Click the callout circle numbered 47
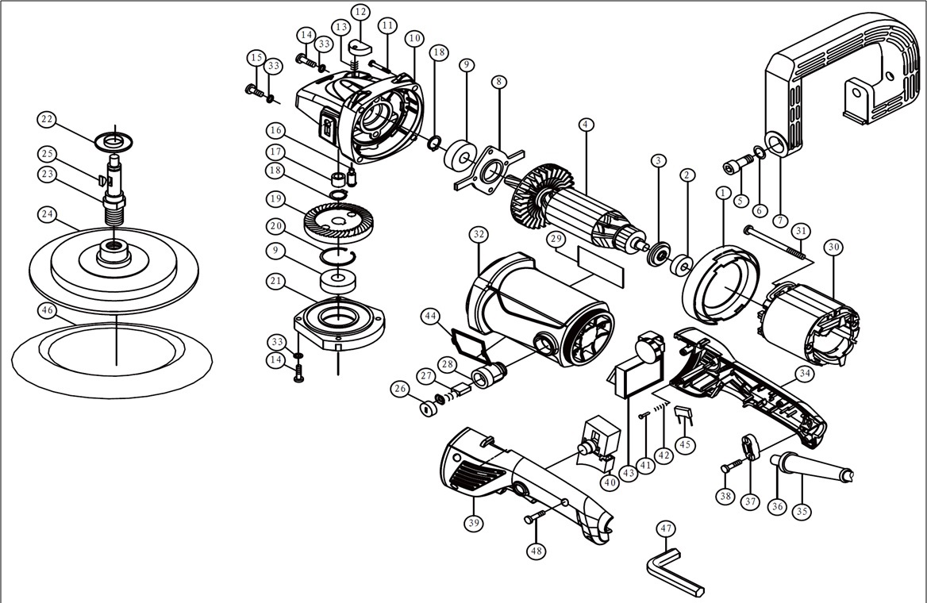(665, 529)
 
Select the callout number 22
(48, 120)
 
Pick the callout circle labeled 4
(586, 125)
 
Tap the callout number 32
(478, 235)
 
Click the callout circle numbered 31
(802, 231)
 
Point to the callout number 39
(474, 524)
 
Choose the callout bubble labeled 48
(537, 550)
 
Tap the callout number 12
(360, 12)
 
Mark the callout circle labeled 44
(431, 317)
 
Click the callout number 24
(48, 214)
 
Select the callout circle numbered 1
(722, 193)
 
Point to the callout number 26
(399, 388)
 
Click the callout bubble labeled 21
(276, 282)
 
